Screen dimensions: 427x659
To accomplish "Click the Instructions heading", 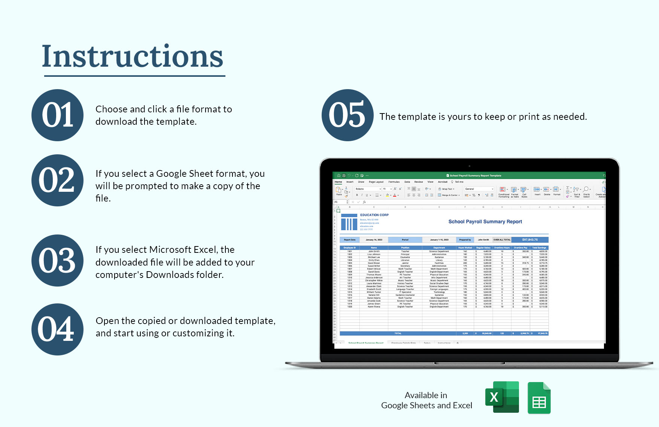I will point(133,56).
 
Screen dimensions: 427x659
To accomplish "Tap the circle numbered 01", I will point(57,115).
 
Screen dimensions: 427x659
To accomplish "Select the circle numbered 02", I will point(57,180).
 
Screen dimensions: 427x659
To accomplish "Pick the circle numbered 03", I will point(57,260).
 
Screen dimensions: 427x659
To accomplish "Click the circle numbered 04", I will point(57,329).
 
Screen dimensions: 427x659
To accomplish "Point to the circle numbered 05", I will point(347,115).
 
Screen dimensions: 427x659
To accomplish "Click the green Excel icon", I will point(502,397).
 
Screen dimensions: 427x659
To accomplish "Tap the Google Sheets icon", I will point(539,398).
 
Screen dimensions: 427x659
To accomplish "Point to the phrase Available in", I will point(426,395).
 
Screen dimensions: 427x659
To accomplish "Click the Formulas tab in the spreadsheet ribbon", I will point(394,182).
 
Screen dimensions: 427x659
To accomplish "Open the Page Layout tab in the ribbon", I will point(376,182).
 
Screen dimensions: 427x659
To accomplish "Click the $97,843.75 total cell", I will point(530,240).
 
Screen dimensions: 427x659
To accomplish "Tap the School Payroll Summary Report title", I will point(485,222).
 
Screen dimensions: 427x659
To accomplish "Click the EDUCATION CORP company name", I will point(374,215).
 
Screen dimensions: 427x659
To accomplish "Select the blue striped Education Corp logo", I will point(349,222).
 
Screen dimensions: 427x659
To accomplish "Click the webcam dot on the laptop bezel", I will point(469,166).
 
